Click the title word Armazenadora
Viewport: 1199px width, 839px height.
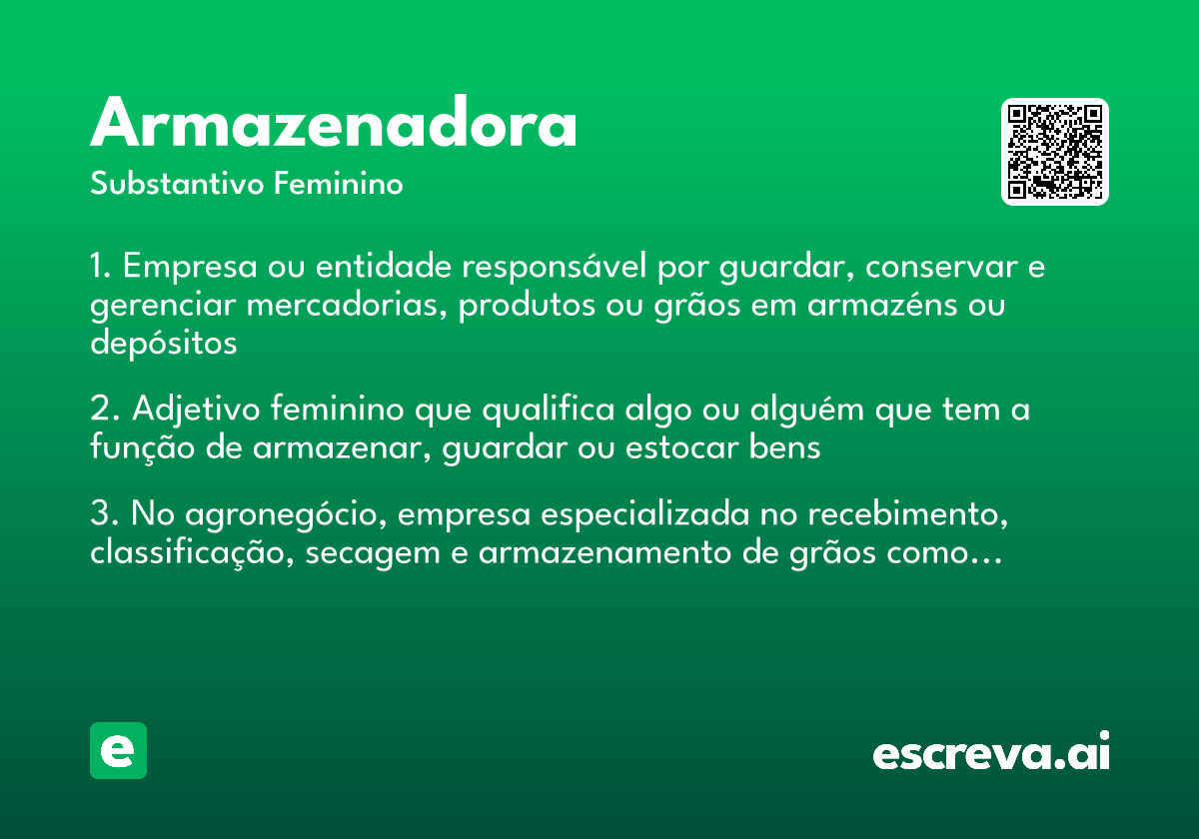[x=334, y=126]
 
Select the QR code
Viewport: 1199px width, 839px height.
[x=1054, y=152]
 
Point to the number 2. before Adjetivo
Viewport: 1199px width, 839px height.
[x=104, y=410]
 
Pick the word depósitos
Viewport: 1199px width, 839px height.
[x=164, y=343]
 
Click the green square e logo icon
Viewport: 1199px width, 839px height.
[x=118, y=750]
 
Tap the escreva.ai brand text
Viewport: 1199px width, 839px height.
[x=991, y=752]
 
